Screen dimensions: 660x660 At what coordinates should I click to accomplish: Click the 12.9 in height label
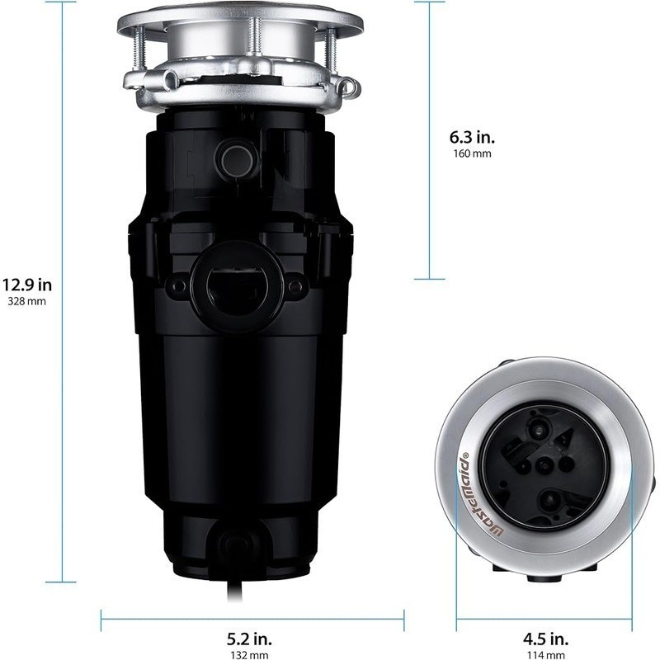point(26,285)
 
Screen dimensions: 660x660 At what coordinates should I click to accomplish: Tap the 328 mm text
point(26,302)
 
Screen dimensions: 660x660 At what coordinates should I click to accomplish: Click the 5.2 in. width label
point(249,639)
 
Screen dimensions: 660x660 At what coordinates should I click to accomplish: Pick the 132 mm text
point(249,654)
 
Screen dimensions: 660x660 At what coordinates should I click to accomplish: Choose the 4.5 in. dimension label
point(546,639)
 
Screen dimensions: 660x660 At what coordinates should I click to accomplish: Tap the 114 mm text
point(546,654)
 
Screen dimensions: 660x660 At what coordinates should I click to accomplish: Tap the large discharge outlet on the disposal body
point(236,285)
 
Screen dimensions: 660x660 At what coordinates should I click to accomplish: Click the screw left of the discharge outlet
point(177,286)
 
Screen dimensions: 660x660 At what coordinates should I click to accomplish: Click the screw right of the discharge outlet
point(295,286)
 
